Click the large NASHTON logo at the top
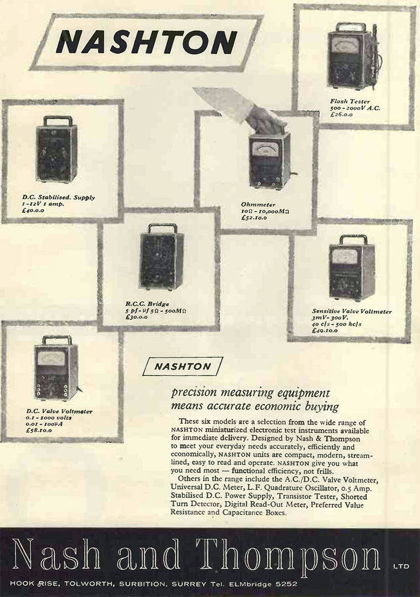[x=146, y=42]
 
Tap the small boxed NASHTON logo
[x=182, y=366]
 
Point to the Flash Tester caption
[x=348, y=102]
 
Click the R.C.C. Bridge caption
[x=146, y=303]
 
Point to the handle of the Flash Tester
[x=351, y=26]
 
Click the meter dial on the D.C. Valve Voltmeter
[x=51, y=359]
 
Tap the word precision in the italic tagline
[x=194, y=393]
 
